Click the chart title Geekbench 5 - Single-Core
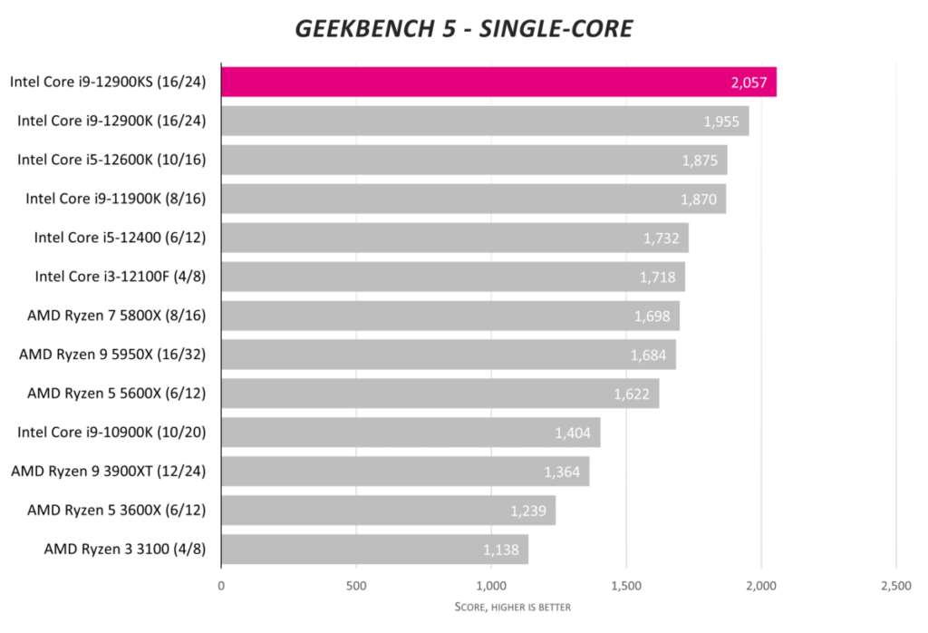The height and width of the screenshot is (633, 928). (x=463, y=29)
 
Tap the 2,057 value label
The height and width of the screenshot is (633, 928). (x=749, y=83)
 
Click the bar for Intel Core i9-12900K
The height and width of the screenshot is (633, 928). (x=485, y=121)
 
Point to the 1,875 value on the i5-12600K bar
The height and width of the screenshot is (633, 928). (x=700, y=161)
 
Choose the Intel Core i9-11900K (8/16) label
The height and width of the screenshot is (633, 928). (x=116, y=199)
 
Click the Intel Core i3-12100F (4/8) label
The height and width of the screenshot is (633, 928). (x=121, y=277)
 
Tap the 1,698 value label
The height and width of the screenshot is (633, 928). (x=652, y=316)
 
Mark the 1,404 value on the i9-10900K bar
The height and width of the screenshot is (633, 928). (x=573, y=433)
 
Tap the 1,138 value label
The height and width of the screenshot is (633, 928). (x=501, y=550)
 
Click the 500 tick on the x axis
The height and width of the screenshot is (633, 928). (x=356, y=586)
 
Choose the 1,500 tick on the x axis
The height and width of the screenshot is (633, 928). (x=626, y=586)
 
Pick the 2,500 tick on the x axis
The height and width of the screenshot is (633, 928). (x=895, y=586)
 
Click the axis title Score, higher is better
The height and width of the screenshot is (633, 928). (x=512, y=607)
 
